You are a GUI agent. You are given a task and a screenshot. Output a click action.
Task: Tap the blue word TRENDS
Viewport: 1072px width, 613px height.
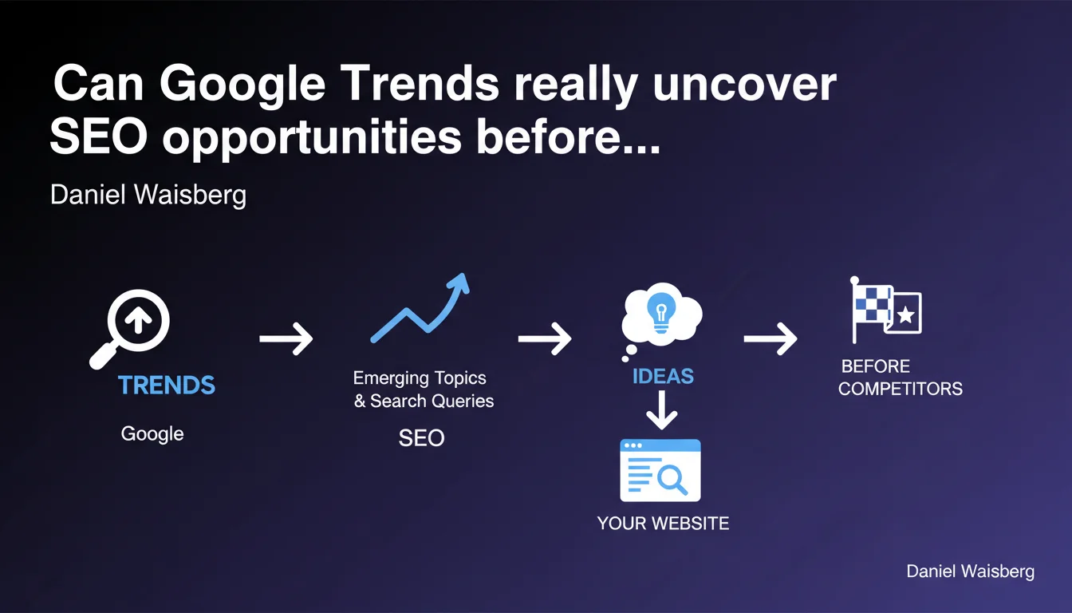[x=167, y=385]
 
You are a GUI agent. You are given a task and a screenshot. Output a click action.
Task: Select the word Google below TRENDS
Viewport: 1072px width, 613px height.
[x=152, y=434]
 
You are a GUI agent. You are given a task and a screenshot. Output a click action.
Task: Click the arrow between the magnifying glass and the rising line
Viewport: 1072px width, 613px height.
[x=286, y=338]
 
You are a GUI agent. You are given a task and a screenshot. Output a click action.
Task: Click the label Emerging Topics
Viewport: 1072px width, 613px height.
[x=420, y=378]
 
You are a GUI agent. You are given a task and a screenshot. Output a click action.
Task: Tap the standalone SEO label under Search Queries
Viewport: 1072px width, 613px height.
[x=422, y=437]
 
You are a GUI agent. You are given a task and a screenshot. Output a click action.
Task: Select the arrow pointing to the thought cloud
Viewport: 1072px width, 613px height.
[x=545, y=338]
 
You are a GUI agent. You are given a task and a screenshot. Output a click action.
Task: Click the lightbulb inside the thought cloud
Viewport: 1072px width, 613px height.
[x=661, y=311]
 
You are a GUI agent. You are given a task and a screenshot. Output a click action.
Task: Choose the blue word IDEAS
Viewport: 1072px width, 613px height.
[x=663, y=377]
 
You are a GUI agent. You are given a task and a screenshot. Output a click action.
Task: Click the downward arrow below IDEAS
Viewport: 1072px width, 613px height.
[x=661, y=410]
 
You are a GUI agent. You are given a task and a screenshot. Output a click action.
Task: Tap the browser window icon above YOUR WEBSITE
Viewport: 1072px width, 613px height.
[x=660, y=470]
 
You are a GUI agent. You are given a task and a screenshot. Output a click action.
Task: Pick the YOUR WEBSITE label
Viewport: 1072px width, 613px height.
[x=663, y=524]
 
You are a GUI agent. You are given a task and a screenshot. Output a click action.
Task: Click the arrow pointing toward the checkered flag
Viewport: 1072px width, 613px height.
[x=770, y=338]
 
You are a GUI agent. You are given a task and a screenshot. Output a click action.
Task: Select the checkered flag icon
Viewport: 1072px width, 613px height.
[x=872, y=310]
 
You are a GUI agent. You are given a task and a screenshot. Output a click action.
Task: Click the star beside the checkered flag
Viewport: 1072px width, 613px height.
[x=905, y=315]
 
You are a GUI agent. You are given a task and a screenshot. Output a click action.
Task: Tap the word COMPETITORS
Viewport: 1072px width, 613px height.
[x=901, y=389]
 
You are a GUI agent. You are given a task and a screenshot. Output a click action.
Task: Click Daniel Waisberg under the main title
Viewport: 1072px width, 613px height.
[x=148, y=195]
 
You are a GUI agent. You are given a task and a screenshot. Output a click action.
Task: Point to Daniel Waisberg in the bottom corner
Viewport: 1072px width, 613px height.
[x=970, y=571]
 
